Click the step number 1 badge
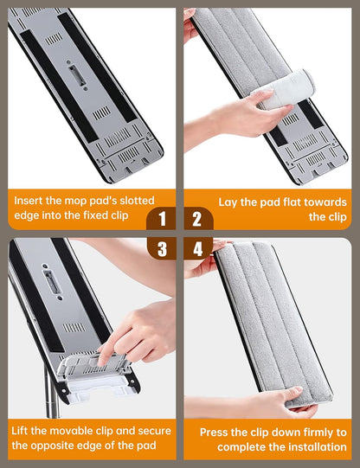(x=162, y=219)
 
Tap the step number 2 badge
(x=197, y=219)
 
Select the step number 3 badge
(x=162, y=249)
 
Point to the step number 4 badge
(x=198, y=249)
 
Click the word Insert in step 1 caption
(x=29, y=201)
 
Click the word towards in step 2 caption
(x=325, y=202)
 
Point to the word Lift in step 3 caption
(x=19, y=431)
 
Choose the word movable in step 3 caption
(x=80, y=431)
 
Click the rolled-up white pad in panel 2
(x=286, y=90)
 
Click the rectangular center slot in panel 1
(x=77, y=76)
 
